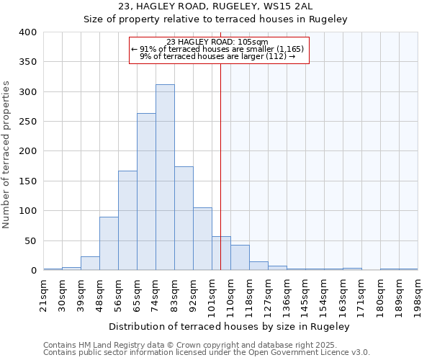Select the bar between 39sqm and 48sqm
[x=90, y=263]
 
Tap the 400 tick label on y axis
[x=27, y=32]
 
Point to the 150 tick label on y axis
[x=27, y=181]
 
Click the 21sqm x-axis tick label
[x=43, y=294]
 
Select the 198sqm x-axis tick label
[x=418, y=294]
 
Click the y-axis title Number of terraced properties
[x=7, y=154]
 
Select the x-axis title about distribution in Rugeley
[x=230, y=326]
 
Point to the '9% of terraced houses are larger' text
[x=217, y=56]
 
